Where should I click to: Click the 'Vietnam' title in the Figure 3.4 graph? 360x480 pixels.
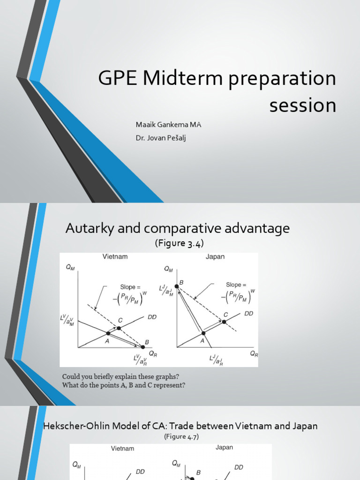(x=115, y=257)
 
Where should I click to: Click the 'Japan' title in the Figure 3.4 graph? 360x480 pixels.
(x=215, y=257)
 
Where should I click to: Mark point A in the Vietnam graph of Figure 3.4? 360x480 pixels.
(x=108, y=333)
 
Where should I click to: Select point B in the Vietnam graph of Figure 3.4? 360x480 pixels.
(x=143, y=347)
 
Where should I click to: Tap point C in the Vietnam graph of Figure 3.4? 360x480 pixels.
(x=119, y=328)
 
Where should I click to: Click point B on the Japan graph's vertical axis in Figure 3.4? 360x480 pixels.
(x=177, y=286)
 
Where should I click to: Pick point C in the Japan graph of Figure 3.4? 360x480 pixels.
(x=224, y=322)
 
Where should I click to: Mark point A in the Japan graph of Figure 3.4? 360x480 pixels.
(x=203, y=332)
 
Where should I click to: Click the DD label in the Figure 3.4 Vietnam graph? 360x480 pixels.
(x=152, y=317)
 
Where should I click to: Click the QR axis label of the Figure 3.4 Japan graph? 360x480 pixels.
(x=254, y=354)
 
